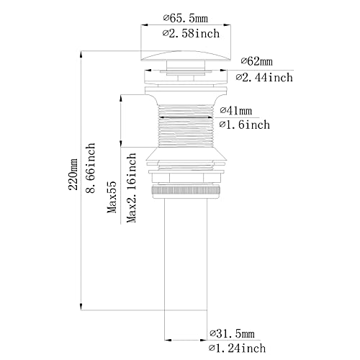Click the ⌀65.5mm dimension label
186,18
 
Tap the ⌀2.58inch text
191,33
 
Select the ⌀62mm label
257,61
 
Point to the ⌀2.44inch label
264,78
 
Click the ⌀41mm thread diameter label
236,110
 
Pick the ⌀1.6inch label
245,125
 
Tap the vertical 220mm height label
73,174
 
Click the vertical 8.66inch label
91,168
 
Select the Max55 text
112,197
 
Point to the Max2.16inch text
131,188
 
